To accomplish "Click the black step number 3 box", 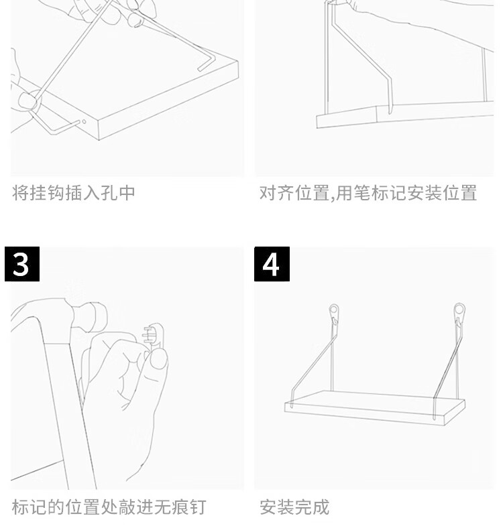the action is (22, 264).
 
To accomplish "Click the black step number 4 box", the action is (272, 264).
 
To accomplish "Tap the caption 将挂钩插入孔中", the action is (74, 193).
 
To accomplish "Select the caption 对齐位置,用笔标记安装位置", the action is (368, 193).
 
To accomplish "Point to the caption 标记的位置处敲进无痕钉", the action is (109, 507).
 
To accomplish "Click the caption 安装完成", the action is (294, 507).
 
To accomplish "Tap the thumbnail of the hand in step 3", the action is (158, 359).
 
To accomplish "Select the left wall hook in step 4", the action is (334, 314).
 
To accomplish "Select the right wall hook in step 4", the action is (459, 313).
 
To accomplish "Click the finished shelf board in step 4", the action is (375, 407).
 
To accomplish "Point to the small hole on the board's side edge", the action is (84, 122).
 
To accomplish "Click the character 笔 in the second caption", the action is (363, 193).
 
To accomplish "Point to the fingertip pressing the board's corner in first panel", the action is (27, 100).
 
